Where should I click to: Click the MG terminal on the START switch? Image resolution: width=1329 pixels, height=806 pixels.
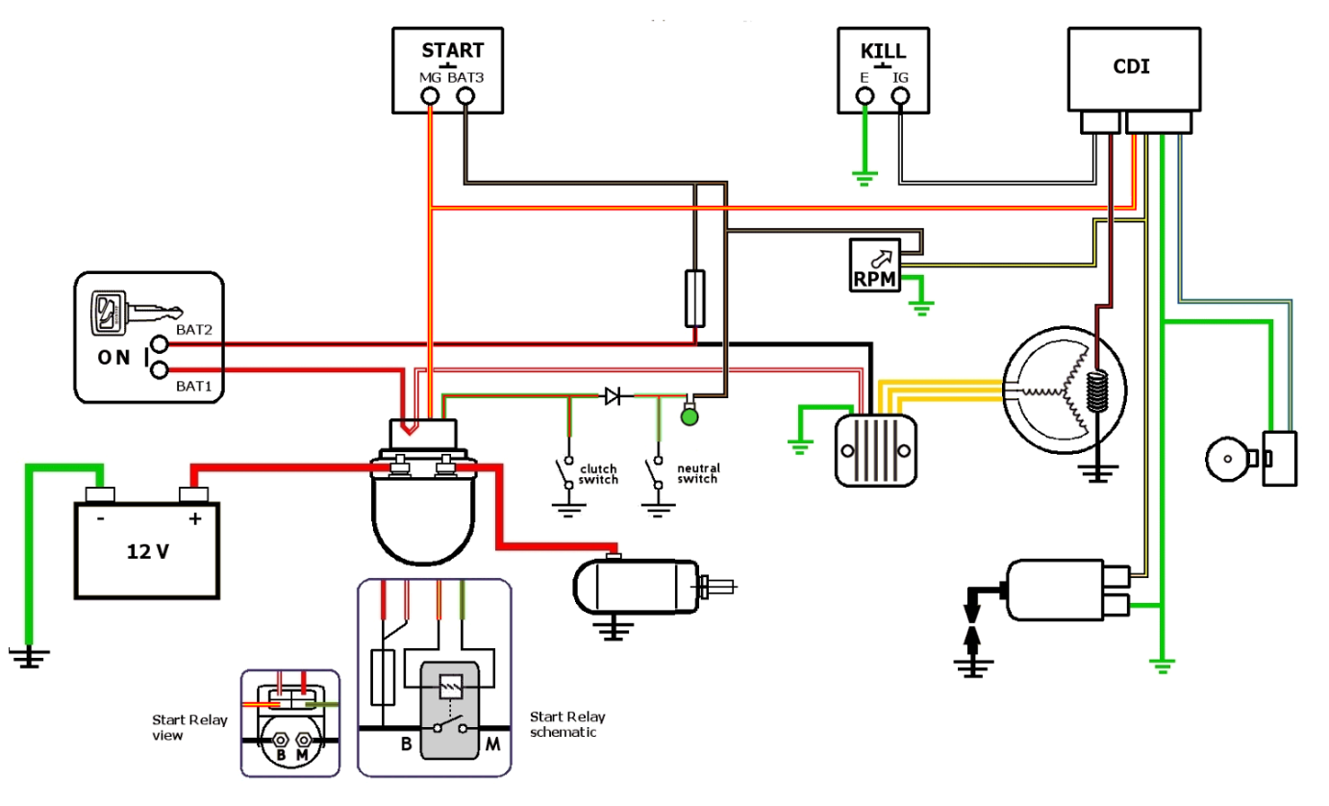point(430,96)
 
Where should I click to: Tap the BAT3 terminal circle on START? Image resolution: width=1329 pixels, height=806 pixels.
point(466,96)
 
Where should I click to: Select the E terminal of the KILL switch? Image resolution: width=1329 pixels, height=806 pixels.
point(865,96)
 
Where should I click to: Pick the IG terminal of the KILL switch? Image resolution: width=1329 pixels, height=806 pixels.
point(900,96)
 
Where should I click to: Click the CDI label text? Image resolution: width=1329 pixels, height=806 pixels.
point(1132,67)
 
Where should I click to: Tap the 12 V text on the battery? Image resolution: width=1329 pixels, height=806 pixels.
point(149,552)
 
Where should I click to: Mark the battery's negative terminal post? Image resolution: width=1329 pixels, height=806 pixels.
point(99,494)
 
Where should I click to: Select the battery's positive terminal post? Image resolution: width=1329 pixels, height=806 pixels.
point(193,494)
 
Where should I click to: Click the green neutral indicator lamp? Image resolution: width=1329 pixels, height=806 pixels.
point(690,416)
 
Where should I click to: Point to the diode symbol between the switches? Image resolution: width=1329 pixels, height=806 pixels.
point(613,395)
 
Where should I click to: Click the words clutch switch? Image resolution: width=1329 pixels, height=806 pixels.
point(598,474)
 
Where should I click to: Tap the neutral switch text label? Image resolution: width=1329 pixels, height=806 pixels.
point(698,473)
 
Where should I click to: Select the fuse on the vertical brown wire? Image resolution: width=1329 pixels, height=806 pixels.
point(694,298)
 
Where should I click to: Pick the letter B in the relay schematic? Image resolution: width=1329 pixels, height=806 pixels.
point(407,743)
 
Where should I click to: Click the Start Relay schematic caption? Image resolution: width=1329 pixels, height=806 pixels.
point(567,724)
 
